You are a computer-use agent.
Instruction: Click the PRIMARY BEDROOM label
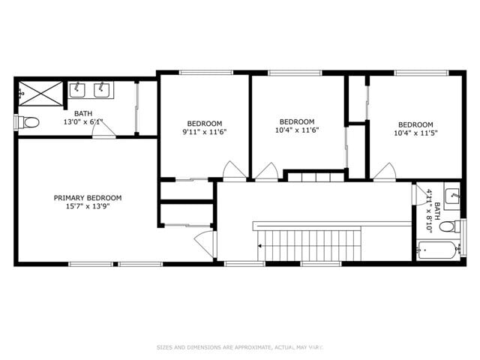click(x=88, y=198)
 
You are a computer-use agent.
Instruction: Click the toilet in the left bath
click(x=31, y=121)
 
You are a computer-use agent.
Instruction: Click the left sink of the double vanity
click(x=78, y=91)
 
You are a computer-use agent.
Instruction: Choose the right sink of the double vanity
click(x=100, y=91)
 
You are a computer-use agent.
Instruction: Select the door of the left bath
click(x=103, y=131)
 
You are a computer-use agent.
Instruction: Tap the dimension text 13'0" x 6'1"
click(x=82, y=121)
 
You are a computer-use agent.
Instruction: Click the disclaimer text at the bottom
click(x=240, y=346)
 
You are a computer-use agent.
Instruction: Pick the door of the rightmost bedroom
click(x=385, y=172)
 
